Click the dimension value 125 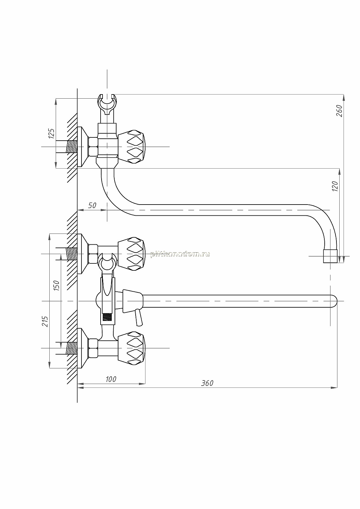(x=52, y=134)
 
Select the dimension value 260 (x=339, y=111)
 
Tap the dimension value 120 (x=335, y=186)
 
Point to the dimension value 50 (x=92, y=206)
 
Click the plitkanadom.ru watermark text (x=180, y=254)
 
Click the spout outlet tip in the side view (x=330, y=256)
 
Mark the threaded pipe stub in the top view (x=72, y=147)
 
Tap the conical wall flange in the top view (x=82, y=147)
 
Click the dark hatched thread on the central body (x=107, y=317)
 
